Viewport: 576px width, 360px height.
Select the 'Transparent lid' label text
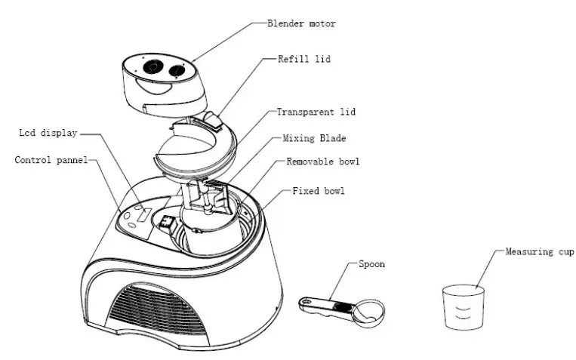point(316,112)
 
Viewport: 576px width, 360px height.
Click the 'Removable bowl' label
point(323,162)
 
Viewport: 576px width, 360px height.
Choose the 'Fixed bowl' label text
point(318,191)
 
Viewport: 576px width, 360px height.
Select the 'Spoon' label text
point(371,265)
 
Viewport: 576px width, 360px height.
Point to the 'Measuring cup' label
point(540,251)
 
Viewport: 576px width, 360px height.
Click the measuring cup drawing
point(462,306)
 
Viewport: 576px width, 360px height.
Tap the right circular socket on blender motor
point(178,69)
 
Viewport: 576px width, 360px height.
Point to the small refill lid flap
point(213,119)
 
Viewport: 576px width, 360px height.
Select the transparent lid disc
point(189,143)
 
